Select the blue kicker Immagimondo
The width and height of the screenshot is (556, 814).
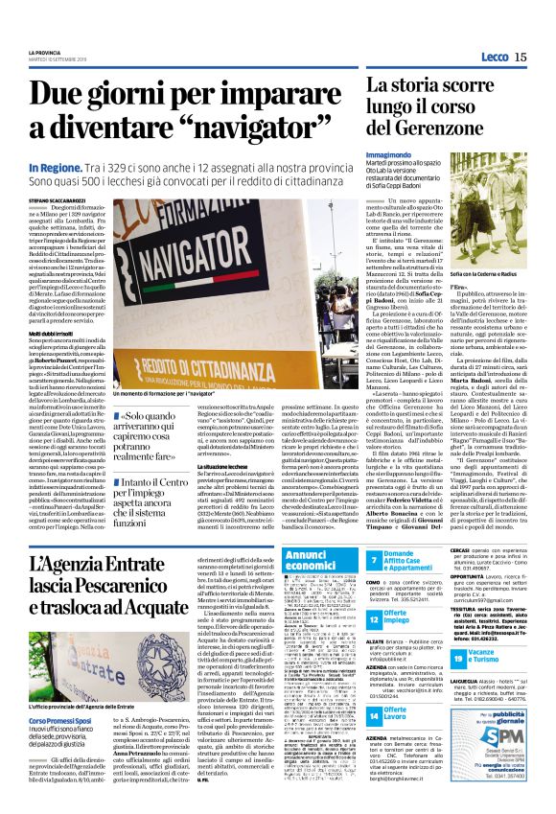click(x=394, y=153)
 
